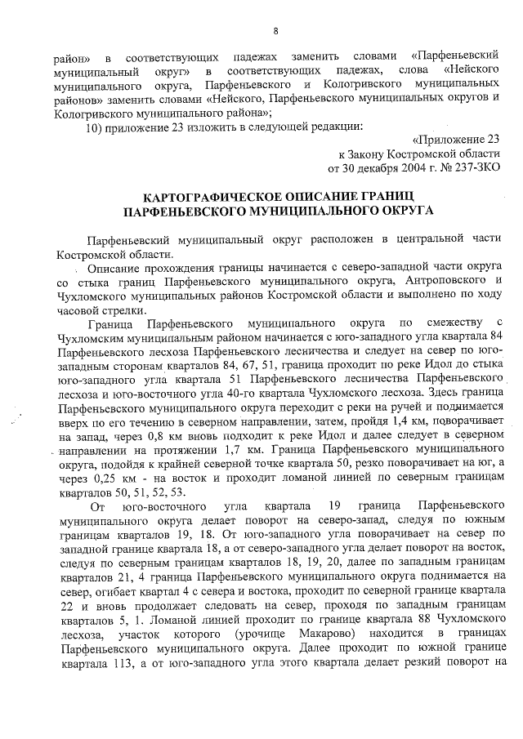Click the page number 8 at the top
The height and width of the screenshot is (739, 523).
[x=275, y=31]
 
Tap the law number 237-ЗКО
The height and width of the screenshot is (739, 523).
[x=475, y=168]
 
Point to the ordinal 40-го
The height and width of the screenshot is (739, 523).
[x=250, y=393]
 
